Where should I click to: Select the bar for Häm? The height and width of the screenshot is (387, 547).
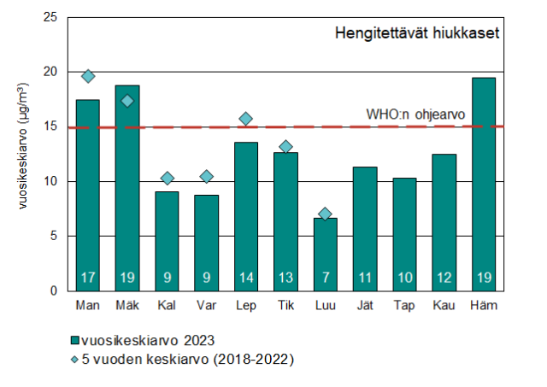pyautogui.click(x=483, y=184)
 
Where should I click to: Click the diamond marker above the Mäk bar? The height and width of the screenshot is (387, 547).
pyautogui.click(x=127, y=101)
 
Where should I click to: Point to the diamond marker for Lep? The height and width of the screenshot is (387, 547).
pyautogui.click(x=246, y=119)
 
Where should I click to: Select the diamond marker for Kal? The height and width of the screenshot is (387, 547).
pyautogui.click(x=168, y=179)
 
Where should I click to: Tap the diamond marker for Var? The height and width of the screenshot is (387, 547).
pyautogui.click(x=207, y=177)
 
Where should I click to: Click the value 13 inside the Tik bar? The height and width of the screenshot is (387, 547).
pyautogui.click(x=285, y=277)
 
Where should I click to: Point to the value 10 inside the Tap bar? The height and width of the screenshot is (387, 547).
pyautogui.click(x=404, y=277)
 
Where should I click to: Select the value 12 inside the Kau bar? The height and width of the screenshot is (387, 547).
pyautogui.click(x=444, y=277)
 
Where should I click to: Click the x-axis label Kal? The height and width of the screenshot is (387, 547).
pyautogui.click(x=167, y=306)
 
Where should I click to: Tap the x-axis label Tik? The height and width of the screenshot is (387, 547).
pyautogui.click(x=285, y=306)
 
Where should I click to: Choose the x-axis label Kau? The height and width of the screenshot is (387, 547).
pyautogui.click(x=444, y=306)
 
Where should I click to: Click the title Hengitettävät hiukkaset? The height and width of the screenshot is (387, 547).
pyautogui.click(x=415, y=34)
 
